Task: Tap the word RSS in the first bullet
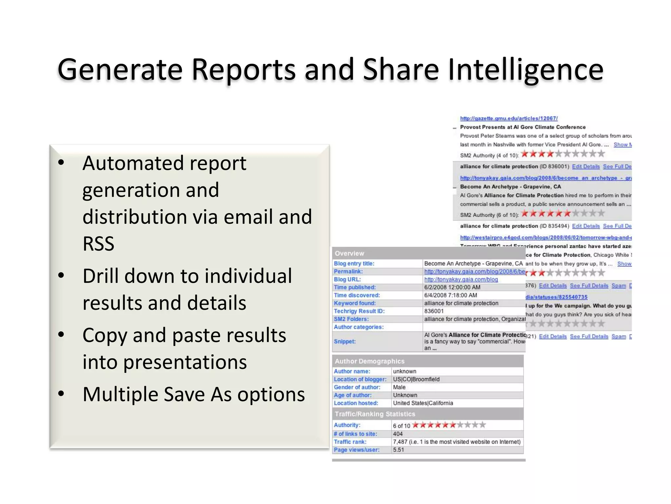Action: [x=98, y=244]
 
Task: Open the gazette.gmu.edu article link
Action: [x=508, y=118]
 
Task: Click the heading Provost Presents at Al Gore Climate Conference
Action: [x=523, y=127]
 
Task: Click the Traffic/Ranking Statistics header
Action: [x=375, y=414]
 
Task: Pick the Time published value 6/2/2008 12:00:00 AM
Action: [x=452, y=287]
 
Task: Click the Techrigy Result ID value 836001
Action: [x=434, y=311]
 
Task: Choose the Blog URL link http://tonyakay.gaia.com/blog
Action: [x=461, y=280]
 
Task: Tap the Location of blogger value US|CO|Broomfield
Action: [x=416, y=379]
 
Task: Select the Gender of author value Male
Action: [x=399, y=387]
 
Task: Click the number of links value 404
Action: [x=398, y=434]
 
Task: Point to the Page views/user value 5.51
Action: [x=398, y=450]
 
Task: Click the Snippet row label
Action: [x=345, y=342]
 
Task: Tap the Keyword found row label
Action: [x=355, y=303]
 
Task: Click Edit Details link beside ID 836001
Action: [x=586, y=167]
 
